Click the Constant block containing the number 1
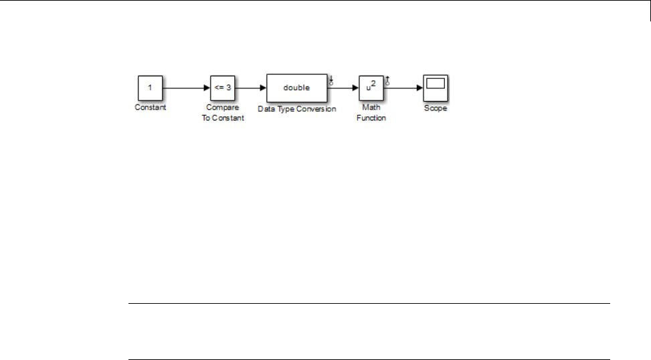click(151, 88)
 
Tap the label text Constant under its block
click(151, 108)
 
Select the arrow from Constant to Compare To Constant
click(184, 88)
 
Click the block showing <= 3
click(223, 88)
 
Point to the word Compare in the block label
click(223, 108)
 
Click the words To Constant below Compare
click(223, 117)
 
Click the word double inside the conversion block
click(296, 88)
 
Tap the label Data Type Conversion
click(296, 108)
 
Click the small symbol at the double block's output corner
click(331, 81)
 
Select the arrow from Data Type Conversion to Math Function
click(343, 88)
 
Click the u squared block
click(371, 88)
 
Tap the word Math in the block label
click(371, 108)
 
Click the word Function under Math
click(371, 117)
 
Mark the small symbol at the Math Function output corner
click(388, 81)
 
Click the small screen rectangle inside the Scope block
click(436, 84)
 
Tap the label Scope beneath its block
click(436, 108)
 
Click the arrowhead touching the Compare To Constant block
click(207, 88)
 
